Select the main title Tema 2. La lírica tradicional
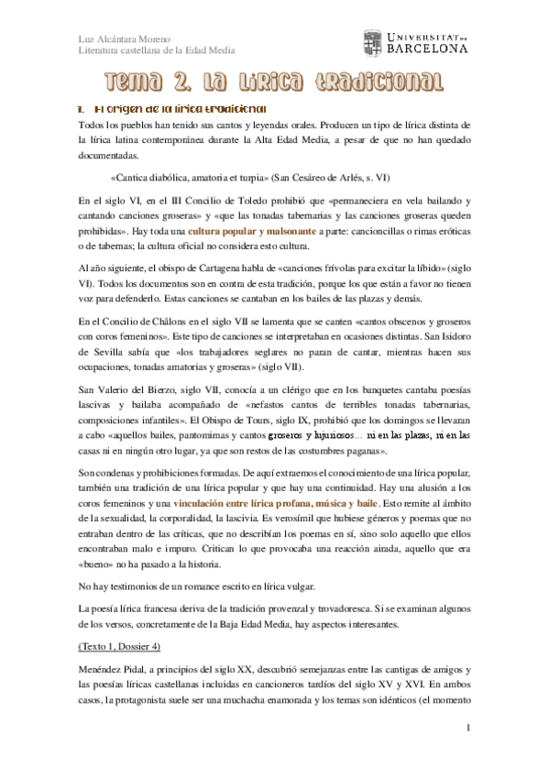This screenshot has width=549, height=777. pyautogui.click(x=273, y=84)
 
